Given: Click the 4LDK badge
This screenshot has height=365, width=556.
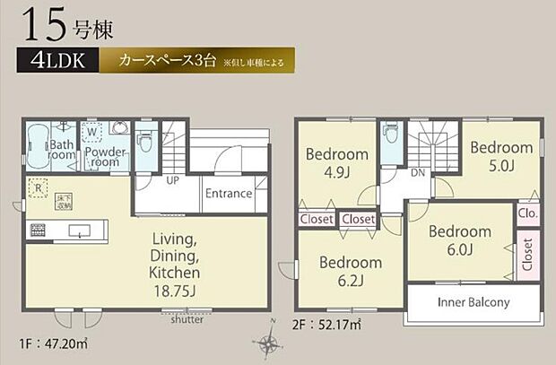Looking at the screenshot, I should tap(55, 63).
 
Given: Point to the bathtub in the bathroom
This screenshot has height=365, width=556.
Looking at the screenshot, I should tap(35, 144).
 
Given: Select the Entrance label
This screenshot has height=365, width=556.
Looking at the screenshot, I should tap(227, 194).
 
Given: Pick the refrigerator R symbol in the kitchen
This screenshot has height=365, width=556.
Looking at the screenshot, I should tap(38, 187).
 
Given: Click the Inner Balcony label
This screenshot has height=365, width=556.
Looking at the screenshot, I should tap(473, 302).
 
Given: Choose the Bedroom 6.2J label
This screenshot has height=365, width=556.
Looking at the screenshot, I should tap(350, 271).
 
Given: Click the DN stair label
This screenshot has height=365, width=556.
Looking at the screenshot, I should tap(418, 174).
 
